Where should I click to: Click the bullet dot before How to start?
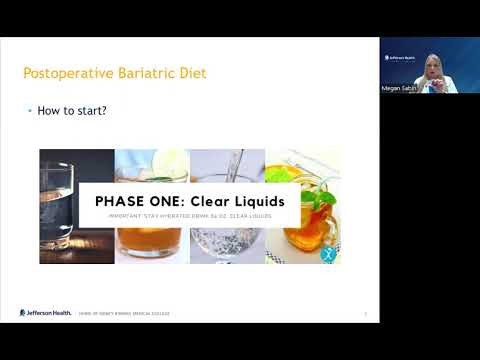pos(29,111)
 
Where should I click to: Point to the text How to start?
pos(72,111)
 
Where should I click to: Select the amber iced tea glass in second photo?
pos(150,240)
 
